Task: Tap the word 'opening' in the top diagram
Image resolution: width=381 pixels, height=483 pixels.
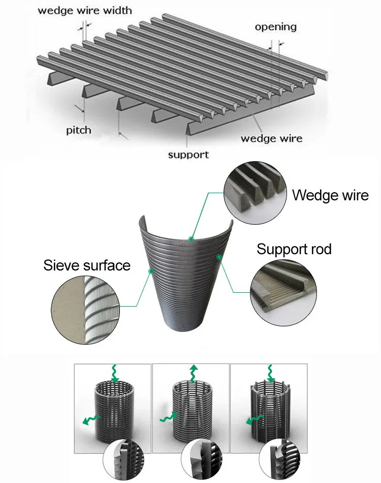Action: tap(276, 27)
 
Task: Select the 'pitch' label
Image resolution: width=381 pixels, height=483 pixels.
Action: tap(79, 130)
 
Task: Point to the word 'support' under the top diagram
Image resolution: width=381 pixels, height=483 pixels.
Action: tap(188, 154)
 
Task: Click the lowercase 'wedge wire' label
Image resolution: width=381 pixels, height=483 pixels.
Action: tap(271, 138)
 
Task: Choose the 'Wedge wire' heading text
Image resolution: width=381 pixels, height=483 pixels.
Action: tap(330, 195)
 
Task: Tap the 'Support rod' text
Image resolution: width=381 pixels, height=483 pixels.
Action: tap(294, 249)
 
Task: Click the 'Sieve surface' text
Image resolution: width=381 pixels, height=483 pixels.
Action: tap(87, 265)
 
